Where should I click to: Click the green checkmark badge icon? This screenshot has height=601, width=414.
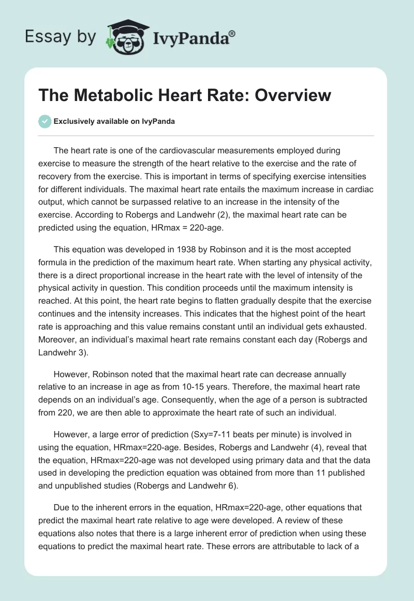(x=45, y=122)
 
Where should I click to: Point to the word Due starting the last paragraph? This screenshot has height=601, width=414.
(x=61, y=507)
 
